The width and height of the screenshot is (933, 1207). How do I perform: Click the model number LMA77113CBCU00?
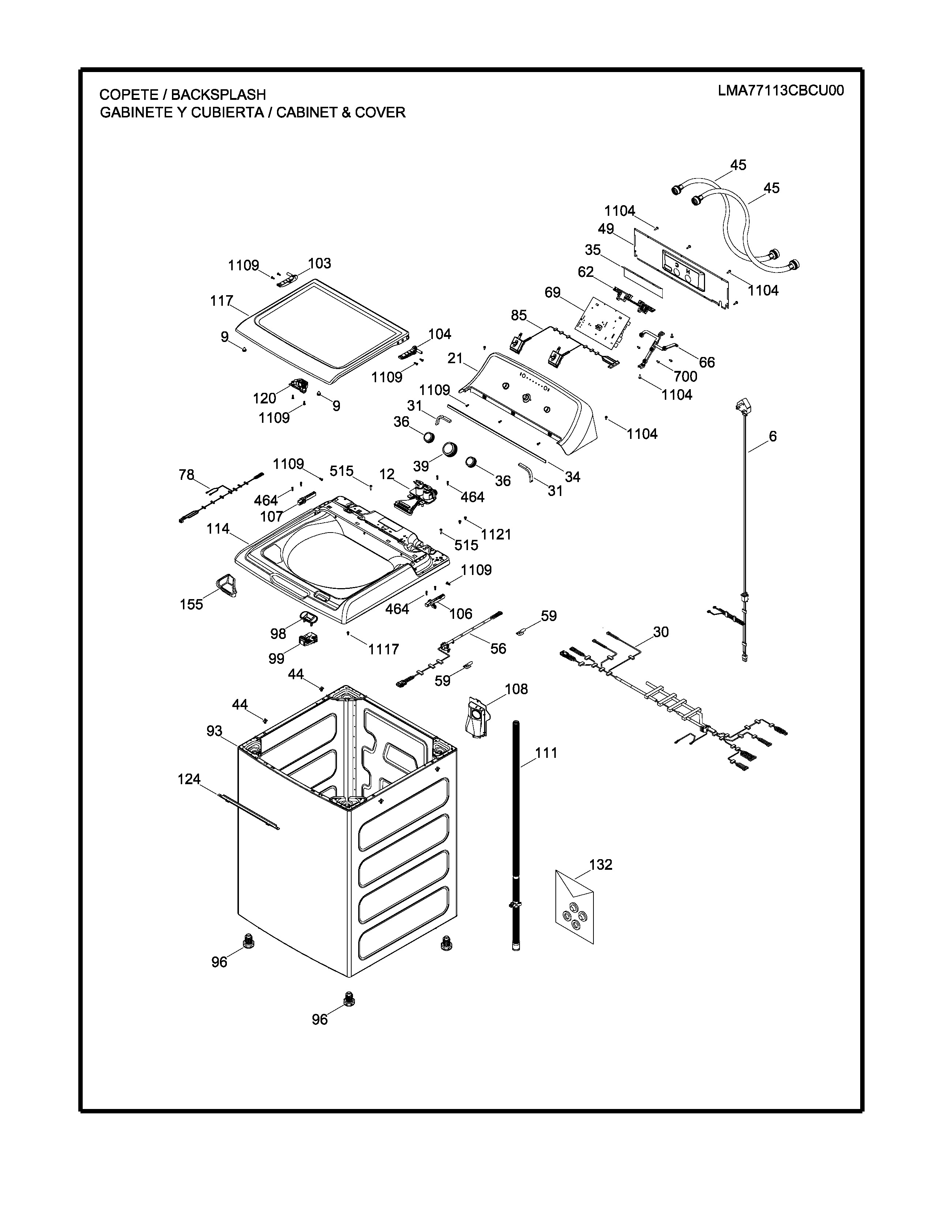tap(780, 91)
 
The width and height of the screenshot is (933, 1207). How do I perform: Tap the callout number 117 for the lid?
tap(221, 301)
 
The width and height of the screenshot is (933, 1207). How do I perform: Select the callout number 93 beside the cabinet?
tap(214, 731)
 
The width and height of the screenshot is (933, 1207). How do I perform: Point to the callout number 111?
tap(546, 753)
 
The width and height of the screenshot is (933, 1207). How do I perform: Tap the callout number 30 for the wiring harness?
tap(660, 632)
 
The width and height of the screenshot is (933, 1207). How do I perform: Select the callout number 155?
tap(191, 604)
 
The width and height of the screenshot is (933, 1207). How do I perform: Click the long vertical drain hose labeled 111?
tap(516, 829)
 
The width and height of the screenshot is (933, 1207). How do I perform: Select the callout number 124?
tap(189, 779)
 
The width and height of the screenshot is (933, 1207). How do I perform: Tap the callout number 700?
tap(685, 376)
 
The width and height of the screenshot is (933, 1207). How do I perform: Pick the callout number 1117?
tap(383, 649)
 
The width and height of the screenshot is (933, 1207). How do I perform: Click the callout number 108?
tap(516, 689)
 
